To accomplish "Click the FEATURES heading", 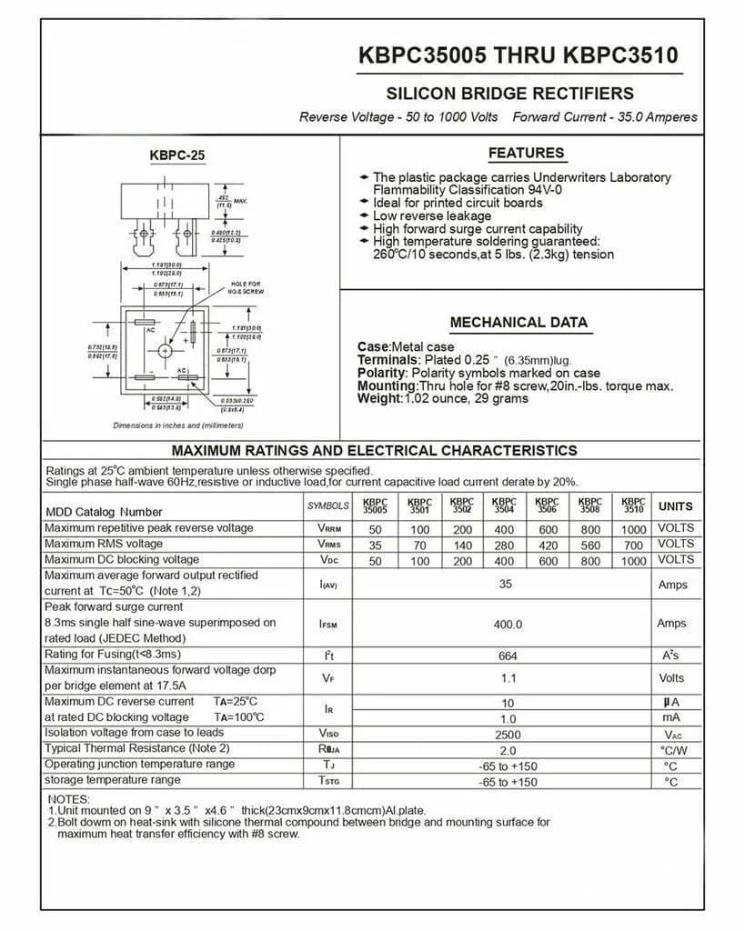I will point(526,153).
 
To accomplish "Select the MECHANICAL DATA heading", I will point(518,322).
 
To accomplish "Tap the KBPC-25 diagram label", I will point(177,155).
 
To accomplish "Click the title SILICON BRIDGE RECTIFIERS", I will point(509,93).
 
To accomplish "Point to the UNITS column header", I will point(675,506).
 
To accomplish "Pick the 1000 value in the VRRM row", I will point(633,529).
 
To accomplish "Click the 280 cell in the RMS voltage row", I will point(504,546).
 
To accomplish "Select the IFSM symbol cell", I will point(328,625).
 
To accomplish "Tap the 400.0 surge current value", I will point(508,625).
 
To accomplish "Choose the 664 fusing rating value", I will point(508,656).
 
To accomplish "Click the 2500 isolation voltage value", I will point(508,734).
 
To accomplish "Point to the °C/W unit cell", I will point(674,750).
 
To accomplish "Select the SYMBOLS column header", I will point(327,506).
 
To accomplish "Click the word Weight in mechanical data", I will point(379,398).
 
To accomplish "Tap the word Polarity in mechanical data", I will point(382,373).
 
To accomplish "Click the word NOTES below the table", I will point(68,799).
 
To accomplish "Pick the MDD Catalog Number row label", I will point(104,512).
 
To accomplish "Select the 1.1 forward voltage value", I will point(508,678).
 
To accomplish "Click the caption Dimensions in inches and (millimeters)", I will point(177,425).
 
